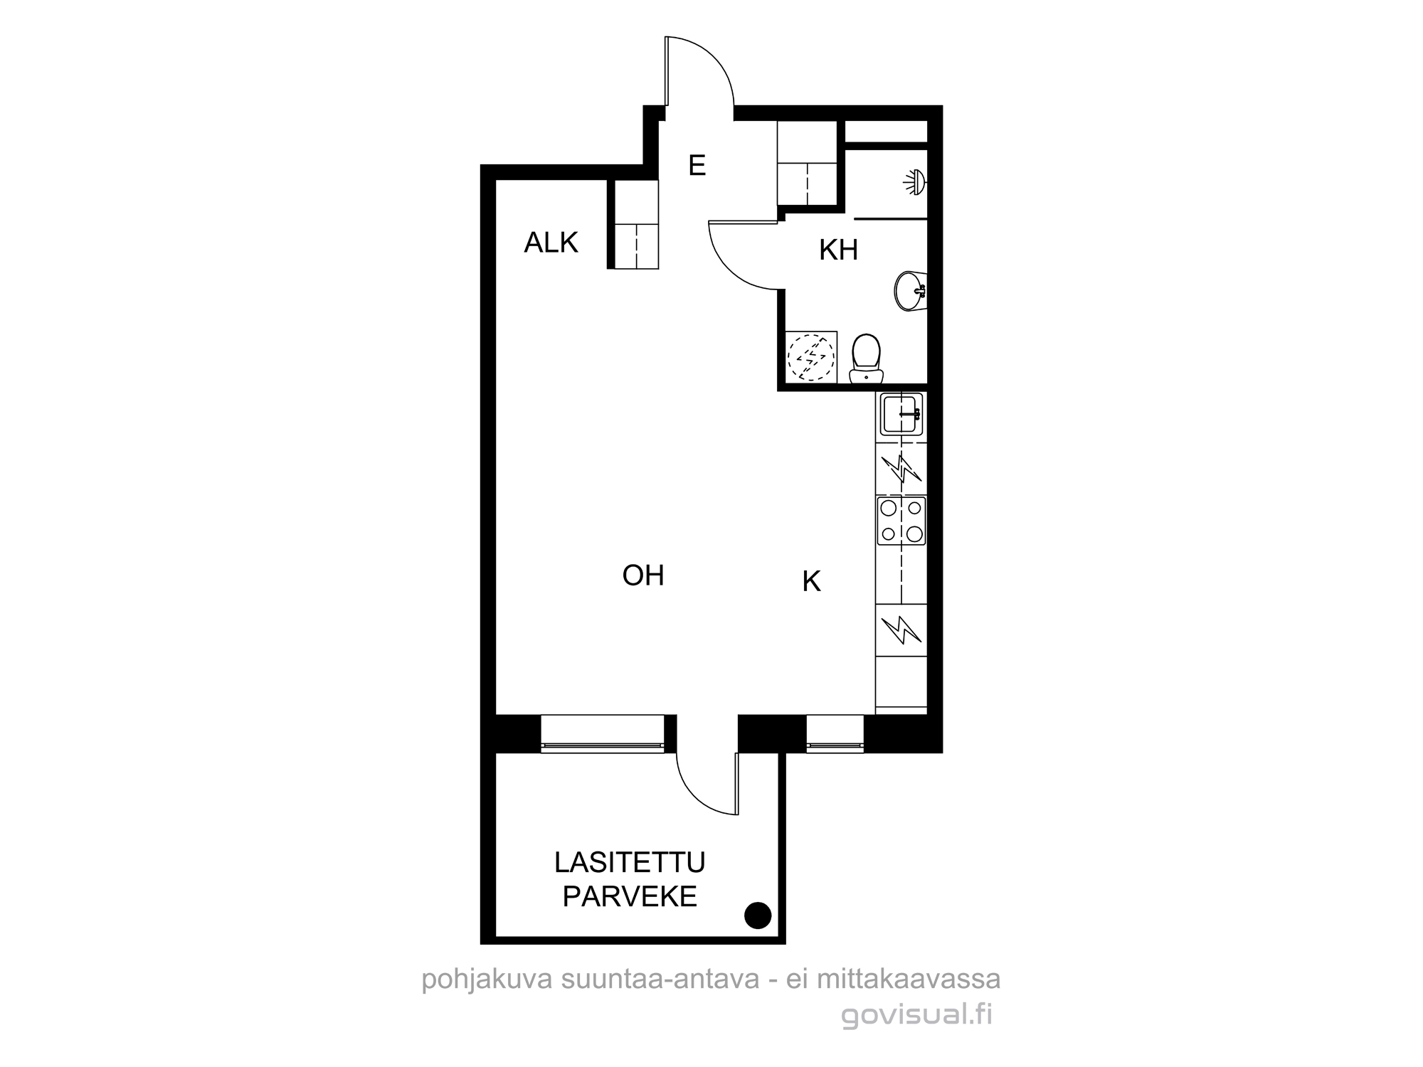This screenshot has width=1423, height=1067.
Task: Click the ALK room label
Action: pos(551,243)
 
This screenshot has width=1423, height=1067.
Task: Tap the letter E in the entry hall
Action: pos(697,165)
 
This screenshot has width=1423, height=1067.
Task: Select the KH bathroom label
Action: pos(838,250)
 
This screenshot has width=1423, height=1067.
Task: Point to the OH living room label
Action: pos(643,575)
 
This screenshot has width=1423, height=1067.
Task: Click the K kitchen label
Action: pos(811,581)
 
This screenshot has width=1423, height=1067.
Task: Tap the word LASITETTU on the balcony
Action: pos(630,862)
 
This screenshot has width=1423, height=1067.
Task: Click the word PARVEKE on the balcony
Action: pos(630,896)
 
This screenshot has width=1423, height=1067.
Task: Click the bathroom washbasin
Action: pos(911,290)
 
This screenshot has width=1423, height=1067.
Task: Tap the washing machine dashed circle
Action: pos(809,357)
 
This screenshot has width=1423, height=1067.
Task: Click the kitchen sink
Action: pos(901,414)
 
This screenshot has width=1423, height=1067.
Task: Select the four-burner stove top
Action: pos(901,521)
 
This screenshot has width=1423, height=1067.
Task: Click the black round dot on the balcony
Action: pos(757,915)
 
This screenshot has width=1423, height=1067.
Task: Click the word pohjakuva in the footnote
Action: pos(487,980)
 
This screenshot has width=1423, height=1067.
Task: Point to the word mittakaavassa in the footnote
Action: pos(909,979)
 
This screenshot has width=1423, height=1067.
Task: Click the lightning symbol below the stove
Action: pos(901,630)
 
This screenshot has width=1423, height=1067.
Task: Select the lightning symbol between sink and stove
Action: pos(901,469)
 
